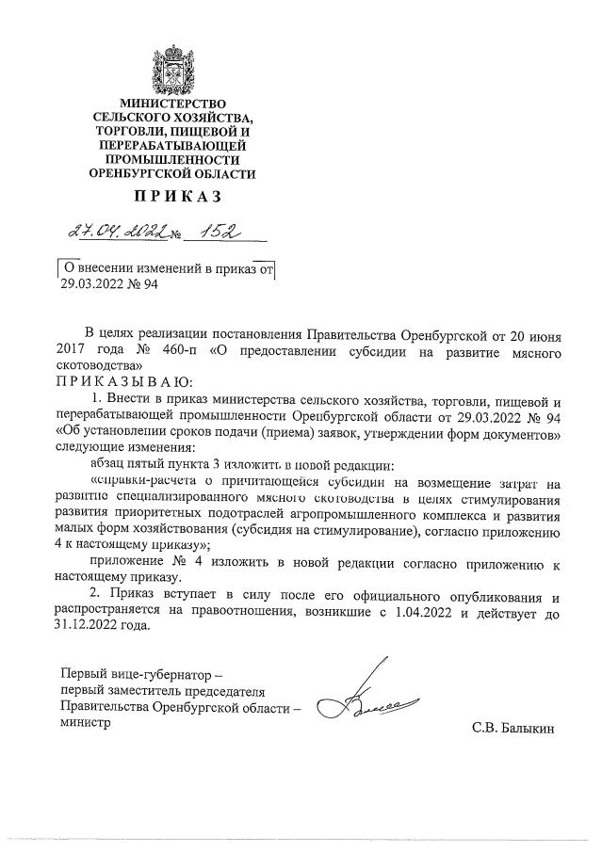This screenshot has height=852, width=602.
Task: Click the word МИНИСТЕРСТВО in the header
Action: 171,102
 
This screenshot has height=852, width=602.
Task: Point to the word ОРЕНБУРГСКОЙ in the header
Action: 139,174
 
